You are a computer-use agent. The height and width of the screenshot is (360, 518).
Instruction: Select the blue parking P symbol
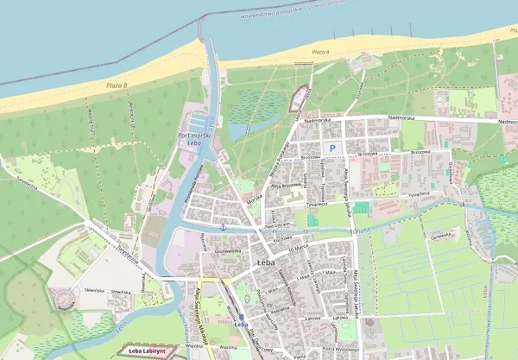[332, 148]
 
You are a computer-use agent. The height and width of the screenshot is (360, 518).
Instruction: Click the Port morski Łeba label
[194, 138]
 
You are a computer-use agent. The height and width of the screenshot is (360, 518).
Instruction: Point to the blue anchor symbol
[223, 225]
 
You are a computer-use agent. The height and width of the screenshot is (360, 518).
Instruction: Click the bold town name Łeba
[266, 261]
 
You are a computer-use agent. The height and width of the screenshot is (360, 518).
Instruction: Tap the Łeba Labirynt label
[146, 351]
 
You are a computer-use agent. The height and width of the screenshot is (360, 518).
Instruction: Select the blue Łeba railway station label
[240, 324]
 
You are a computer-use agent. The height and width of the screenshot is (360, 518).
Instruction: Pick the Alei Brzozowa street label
[284, 186]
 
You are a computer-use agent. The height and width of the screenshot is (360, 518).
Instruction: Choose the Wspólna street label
[204, 344]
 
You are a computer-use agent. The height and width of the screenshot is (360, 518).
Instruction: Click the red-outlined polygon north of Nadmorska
[299, 98]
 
